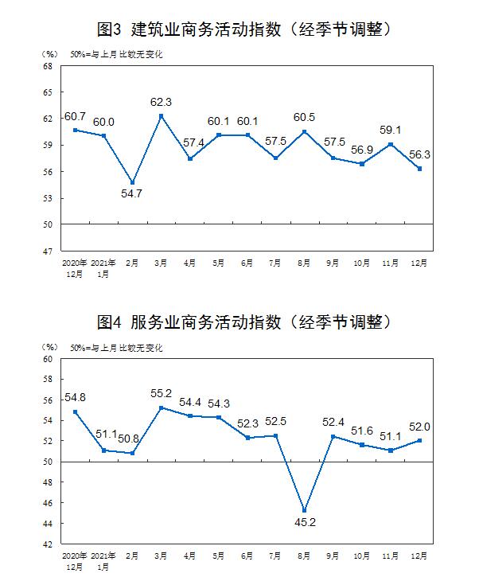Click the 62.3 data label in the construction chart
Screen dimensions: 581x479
point(162,102)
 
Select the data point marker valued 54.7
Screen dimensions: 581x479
point(132,182)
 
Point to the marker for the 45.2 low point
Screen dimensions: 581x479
point(304,510)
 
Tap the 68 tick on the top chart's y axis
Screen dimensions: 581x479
point(48,66)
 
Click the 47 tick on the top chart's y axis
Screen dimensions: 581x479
point(48,251)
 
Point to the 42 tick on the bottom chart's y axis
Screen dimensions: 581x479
point(48,544)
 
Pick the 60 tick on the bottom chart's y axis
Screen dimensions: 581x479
point(48,359)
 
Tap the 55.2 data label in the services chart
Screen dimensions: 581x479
point(162,393)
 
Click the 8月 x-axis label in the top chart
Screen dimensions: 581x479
point(305,262)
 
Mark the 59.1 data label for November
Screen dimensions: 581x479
point(391,131)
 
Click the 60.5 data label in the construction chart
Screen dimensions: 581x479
point(305,117)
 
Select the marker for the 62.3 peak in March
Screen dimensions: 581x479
point(162,116)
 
